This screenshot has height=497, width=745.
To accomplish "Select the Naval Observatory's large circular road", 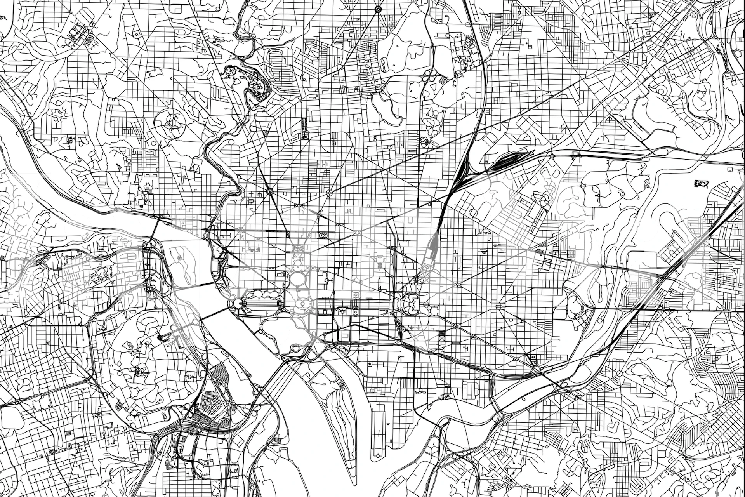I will pos(169,123).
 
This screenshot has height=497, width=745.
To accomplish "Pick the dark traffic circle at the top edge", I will pos(378,9).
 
